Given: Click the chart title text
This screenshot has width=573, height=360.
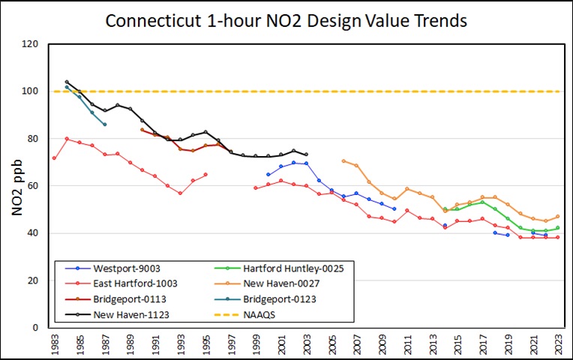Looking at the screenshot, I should click(x=286, y=20).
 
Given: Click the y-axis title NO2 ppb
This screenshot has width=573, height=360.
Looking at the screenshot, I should click(x=16, y=185).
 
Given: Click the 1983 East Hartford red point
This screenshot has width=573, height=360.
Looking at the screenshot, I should click(x=54, y=157).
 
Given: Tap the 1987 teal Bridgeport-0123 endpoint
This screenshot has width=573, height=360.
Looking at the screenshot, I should click(x=104, y=124).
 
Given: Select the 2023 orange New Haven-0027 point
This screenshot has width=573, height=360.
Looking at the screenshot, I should click(x=557, y=217).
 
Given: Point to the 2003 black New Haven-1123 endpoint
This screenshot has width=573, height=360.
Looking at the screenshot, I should click(x=306, y=154).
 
